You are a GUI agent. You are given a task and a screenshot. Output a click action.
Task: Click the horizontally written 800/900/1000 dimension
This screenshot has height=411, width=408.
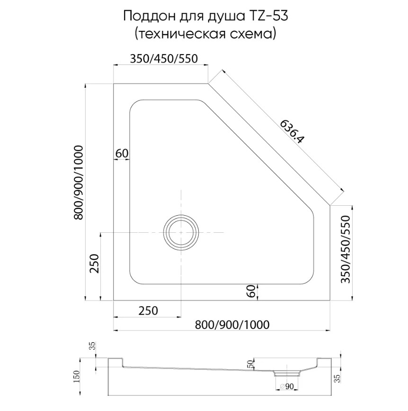232,325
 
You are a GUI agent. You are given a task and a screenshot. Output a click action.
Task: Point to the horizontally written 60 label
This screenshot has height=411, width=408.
122,153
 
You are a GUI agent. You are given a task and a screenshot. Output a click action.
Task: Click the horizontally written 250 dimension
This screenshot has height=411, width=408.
148,311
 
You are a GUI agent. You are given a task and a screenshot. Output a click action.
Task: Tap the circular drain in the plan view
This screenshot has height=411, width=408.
181,232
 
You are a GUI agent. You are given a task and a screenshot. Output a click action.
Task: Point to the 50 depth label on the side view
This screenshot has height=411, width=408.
251,364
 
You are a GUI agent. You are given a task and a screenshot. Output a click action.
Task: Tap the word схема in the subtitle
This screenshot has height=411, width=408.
255,34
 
